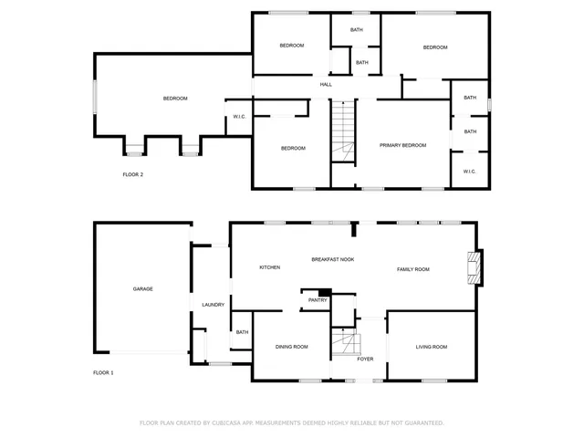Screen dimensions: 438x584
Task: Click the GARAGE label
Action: click(x=142, y=288)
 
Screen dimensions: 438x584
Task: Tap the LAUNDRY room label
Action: click(x=214, y=305)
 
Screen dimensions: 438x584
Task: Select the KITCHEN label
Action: click(x=269, y=267)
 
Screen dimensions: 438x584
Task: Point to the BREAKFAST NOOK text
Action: click(x=332, y=259)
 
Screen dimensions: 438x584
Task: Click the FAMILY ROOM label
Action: click(x=412, y=269)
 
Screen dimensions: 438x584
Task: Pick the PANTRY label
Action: click(x=318, y=299)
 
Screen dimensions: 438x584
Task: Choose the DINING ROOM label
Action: click(x=292, y=347)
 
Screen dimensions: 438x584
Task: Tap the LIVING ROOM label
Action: click(x=432, y=347)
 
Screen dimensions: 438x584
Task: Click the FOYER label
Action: click(x=365, y=359)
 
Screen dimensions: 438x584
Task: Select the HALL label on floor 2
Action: click(x=326, y=85)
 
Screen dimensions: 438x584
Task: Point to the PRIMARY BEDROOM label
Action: click(x=403, y=145)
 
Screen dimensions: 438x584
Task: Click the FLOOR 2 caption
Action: click(x=133, y=174)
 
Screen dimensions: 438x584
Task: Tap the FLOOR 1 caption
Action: click(x=104, y=372)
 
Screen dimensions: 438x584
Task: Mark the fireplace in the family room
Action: click(x=473, y=266)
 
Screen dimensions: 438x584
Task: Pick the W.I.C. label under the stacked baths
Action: click(x=469, y=172)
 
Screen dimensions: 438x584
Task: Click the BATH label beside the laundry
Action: click(x=242, y=332)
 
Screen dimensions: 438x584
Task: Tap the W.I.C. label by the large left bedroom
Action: click(x=240, y=116)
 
